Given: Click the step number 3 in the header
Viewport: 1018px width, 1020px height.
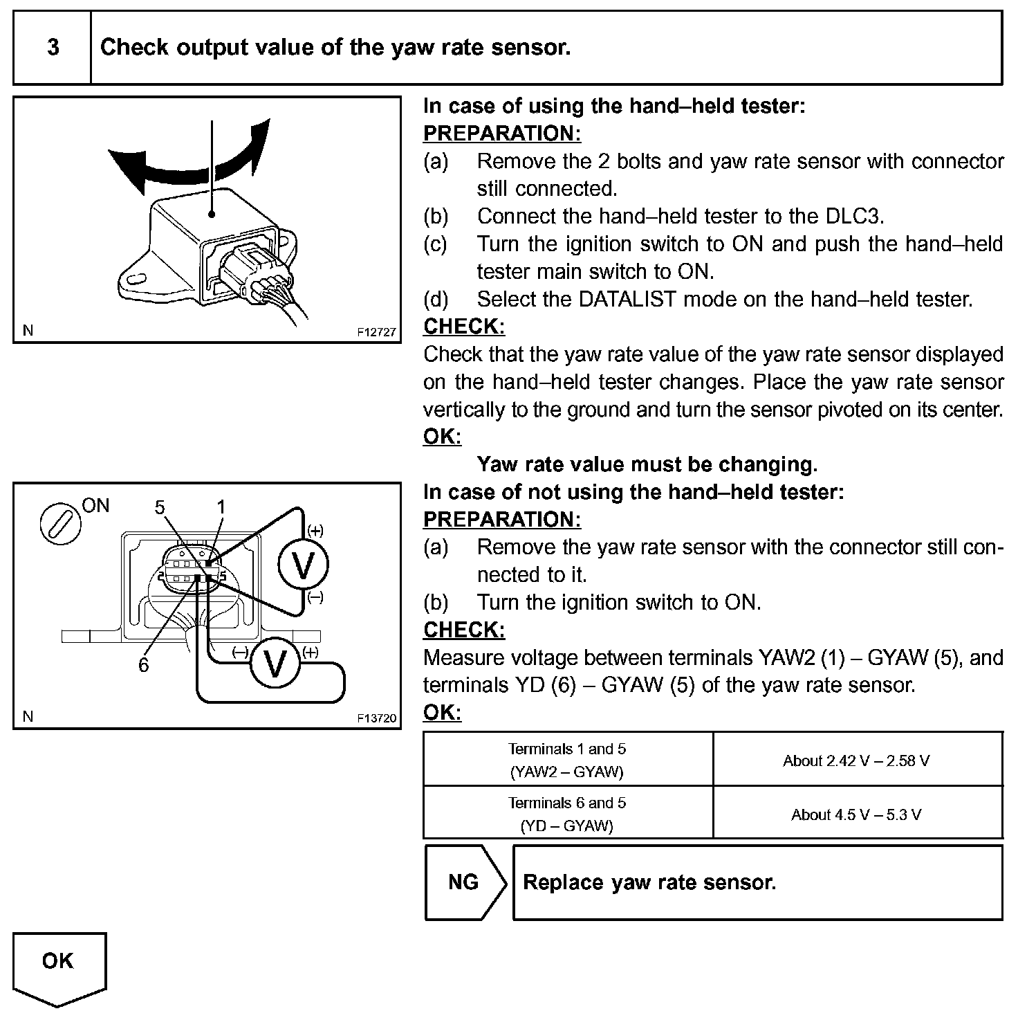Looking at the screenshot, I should pos(53,48).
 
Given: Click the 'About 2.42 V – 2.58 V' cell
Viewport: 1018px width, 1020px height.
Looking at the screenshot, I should pos(856,761).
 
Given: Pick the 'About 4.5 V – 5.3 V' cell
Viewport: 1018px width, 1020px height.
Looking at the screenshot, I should pos(856,814).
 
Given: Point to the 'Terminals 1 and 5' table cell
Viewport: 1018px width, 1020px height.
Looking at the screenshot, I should pos(567,759).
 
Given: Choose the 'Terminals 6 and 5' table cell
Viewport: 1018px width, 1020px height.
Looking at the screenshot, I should pos(567,813).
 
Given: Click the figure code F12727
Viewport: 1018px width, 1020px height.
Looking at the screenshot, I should pos(377,332).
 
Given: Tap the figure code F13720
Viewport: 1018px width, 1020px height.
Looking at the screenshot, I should pos(377,718).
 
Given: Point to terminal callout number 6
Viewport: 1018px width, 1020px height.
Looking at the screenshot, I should pos(143,665).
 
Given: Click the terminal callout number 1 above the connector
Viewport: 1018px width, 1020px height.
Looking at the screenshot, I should pos(221,508).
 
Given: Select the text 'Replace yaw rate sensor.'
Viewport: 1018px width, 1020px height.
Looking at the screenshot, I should pos(649,882).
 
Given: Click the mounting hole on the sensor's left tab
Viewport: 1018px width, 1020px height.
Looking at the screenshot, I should pos(136,279).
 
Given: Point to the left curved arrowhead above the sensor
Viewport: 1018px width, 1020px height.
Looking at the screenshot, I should pos(124,166).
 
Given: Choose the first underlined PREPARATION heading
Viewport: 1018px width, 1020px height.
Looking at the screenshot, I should pos(501,133).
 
